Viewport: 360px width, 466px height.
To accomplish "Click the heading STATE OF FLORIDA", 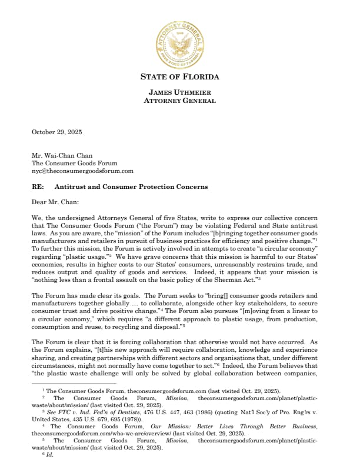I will (179, 77).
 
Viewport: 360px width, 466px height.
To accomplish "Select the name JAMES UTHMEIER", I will (179, 92).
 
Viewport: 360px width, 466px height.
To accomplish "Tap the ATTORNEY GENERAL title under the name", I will (179, 101).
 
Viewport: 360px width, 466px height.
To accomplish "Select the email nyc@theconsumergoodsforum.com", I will (82, 171).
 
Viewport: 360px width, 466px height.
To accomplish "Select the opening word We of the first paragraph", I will (36, 218).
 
